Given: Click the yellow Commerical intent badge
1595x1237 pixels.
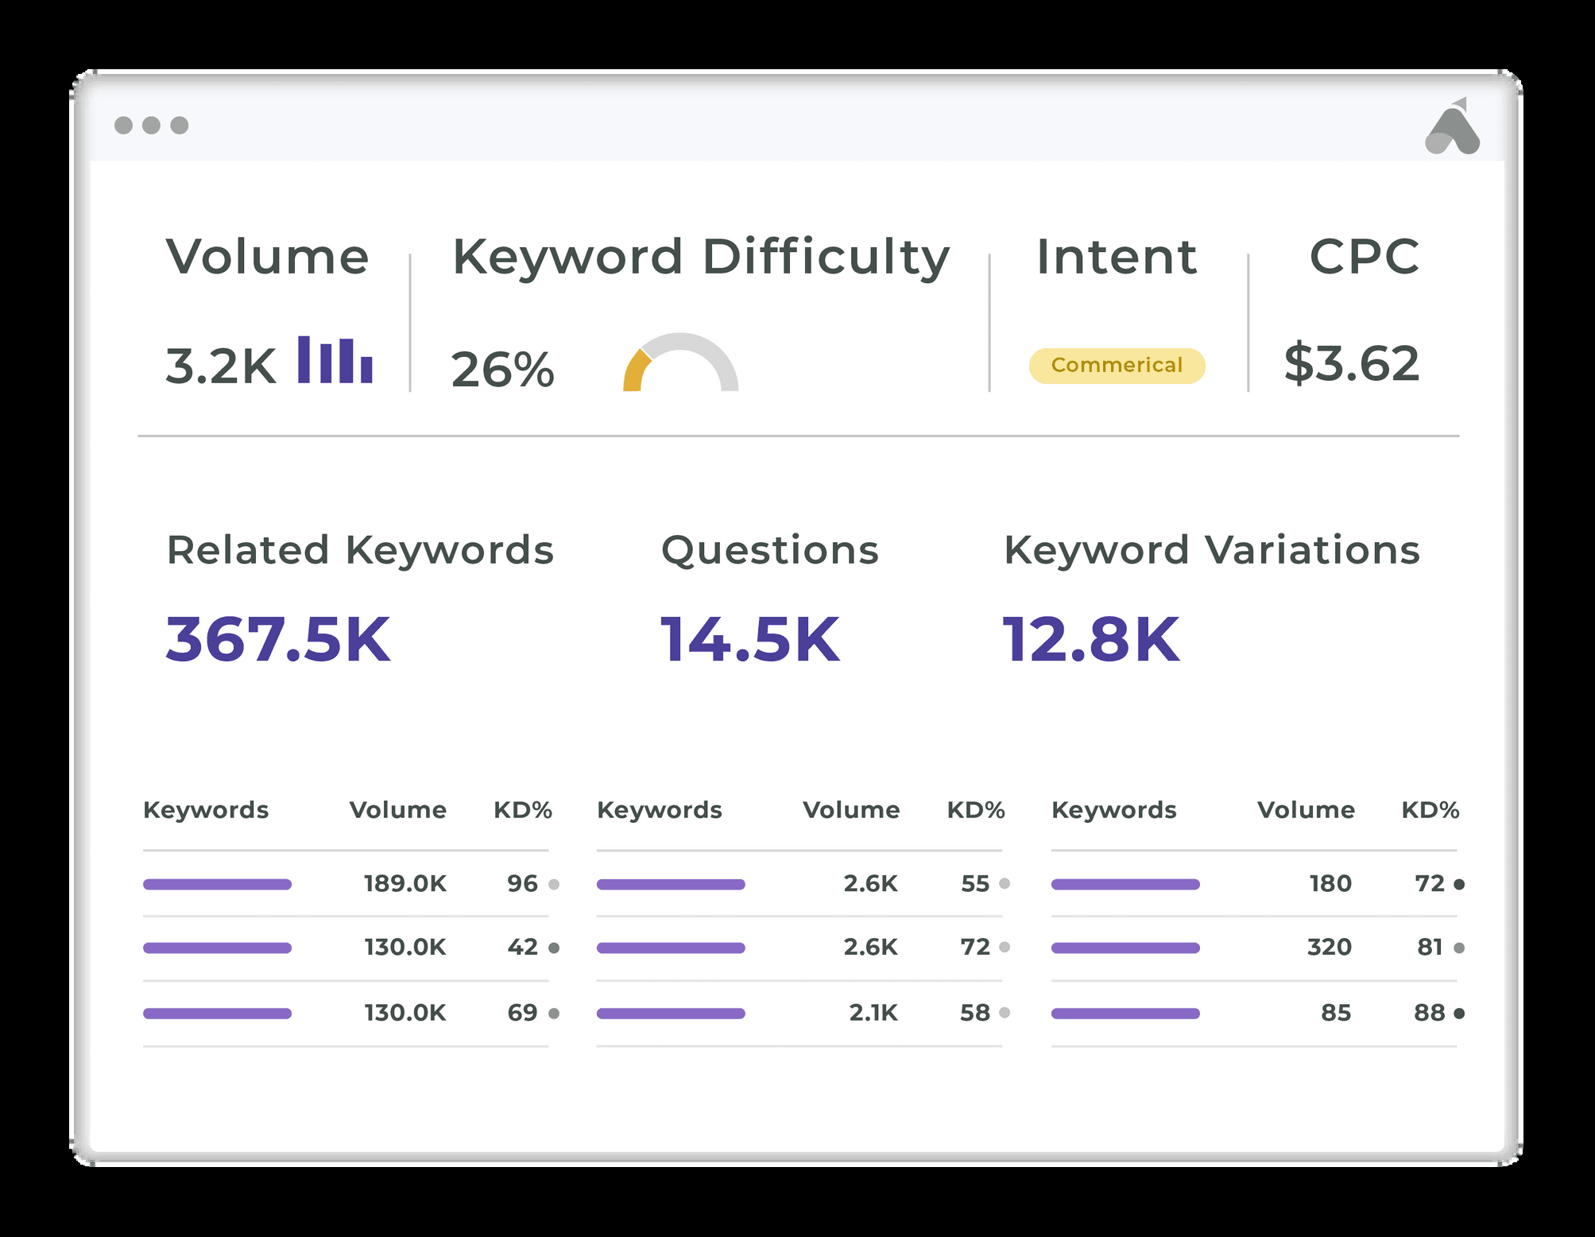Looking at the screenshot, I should pos(1117,366).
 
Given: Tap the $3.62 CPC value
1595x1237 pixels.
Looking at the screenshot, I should pos(1352,363).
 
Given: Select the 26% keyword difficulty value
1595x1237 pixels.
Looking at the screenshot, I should pos(502,370).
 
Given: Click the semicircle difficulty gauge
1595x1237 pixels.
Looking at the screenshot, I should pos(681,363).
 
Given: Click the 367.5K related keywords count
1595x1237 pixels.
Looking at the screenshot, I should pos(278,640).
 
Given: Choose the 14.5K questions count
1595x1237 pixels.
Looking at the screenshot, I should pos(749,640).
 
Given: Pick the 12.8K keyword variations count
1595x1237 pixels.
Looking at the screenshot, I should pos(1090,640).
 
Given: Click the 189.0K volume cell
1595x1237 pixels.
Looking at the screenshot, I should pos(405,883).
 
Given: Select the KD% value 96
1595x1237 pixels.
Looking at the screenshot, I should pos(522,883).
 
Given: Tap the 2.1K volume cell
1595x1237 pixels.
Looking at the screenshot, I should pos(873,1013).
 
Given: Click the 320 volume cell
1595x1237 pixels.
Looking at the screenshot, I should pos(1330,947).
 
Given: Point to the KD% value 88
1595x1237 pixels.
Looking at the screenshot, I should pos(1429,1013).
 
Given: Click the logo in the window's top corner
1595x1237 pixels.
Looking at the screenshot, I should pos(1453,127).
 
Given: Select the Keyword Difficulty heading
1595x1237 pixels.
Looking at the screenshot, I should pos(701,258).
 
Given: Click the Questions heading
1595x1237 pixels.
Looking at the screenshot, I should pos(770,550).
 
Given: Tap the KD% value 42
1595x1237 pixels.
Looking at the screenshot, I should pos(522,947).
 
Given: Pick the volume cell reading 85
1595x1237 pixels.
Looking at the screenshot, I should pos(1336,1013).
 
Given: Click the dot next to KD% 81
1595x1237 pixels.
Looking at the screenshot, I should pos(1459,948).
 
